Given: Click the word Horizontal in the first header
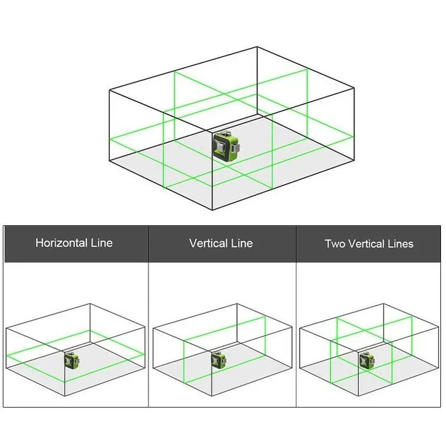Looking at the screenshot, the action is [x=61, y=243].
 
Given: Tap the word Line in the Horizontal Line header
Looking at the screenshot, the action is [x=102, y=243].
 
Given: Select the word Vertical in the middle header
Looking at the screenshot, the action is [x=208, y=243].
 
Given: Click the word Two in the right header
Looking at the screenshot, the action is [x=335, y=244].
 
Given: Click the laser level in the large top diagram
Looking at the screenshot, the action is [x=226, y=146].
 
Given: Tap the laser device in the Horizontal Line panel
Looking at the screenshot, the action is [x=72, y=361].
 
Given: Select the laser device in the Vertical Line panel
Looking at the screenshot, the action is [x=219, y=360].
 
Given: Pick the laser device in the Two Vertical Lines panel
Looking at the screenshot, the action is [x=367, y=360].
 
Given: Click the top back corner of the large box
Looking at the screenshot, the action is [x=257, y=47].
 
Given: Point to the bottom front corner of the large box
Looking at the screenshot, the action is [x=212, y=210].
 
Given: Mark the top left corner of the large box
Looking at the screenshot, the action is [x=109, y=90].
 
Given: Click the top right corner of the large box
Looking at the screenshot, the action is [x=354, y=88].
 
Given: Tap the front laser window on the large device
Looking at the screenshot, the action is [x=221, y=147].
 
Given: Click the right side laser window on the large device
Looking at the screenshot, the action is [x=236, y=148].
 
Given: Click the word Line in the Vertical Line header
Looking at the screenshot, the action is [x=242, y=243].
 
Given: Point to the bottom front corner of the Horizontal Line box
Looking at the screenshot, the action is [x=65, y=396].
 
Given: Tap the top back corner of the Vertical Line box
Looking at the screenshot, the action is [x=237, y=304].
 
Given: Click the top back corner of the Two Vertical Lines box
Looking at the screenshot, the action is [x=384, y=304].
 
